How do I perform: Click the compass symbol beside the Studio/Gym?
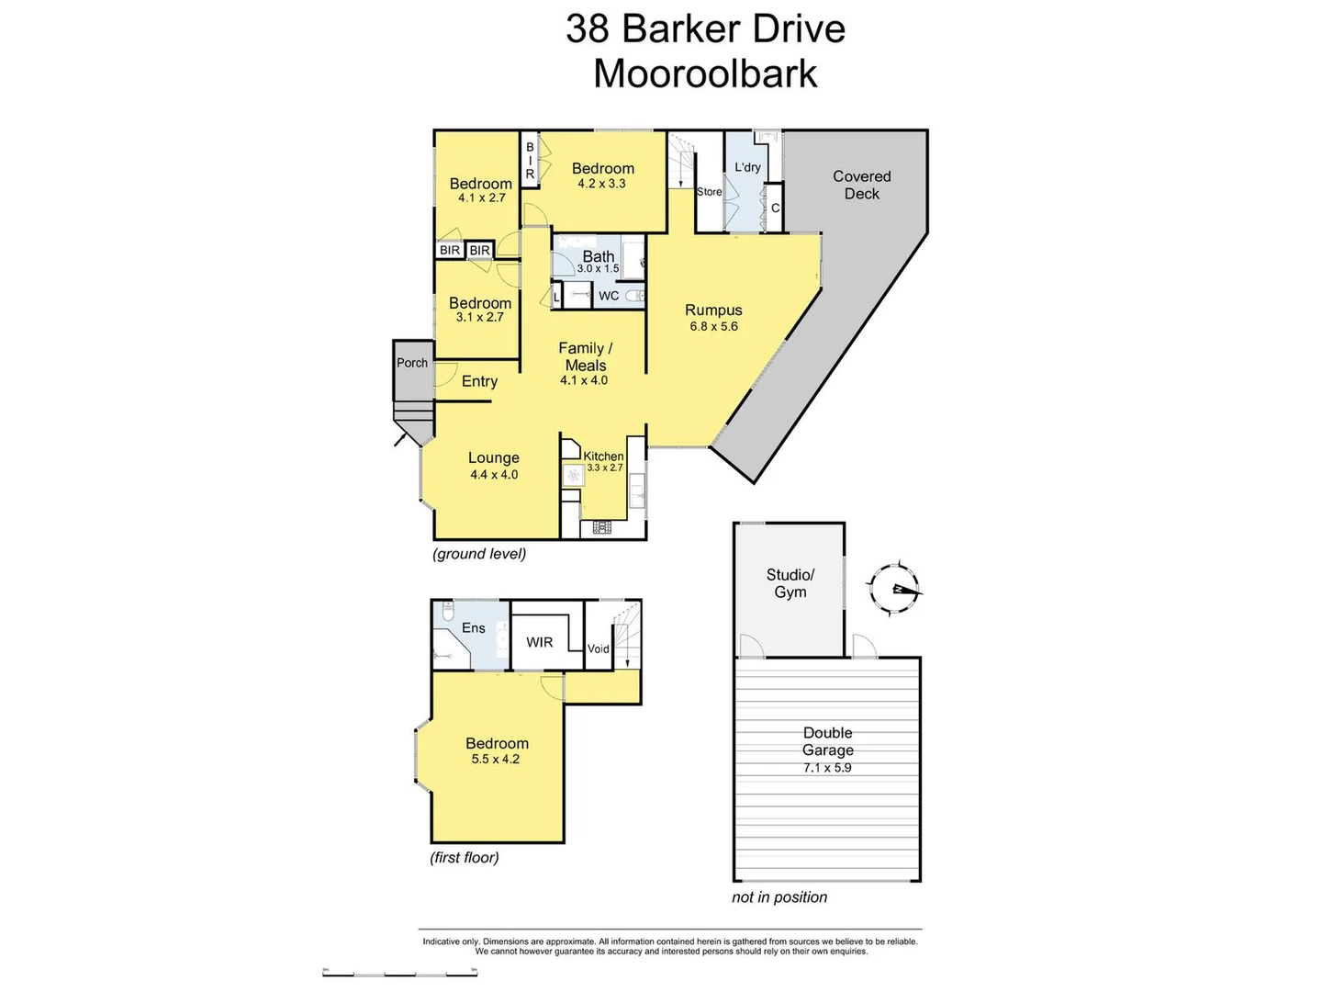[894, 588]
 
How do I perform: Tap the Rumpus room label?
[713, 310]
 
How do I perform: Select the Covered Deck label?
[861, 185]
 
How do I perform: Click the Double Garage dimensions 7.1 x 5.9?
[827, 768]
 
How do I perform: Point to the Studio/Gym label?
[790, 583]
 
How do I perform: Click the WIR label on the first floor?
[539, 642]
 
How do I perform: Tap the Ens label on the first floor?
[474, 628]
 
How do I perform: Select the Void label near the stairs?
[598, 648]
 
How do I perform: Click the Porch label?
[412, 363]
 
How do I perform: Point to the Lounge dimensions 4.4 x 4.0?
[494, 475]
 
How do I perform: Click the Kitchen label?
[603, 456]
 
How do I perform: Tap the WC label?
[609, 296]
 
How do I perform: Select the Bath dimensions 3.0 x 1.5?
[598, 269]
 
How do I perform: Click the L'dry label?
[747, 167]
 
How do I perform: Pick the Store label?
[709, 192]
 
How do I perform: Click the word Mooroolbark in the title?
[705, 73]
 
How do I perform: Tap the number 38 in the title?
[587, 28]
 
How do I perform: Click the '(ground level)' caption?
[479, 554]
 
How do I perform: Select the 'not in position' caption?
[779, 897]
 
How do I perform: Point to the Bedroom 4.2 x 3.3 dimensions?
[601, 184]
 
